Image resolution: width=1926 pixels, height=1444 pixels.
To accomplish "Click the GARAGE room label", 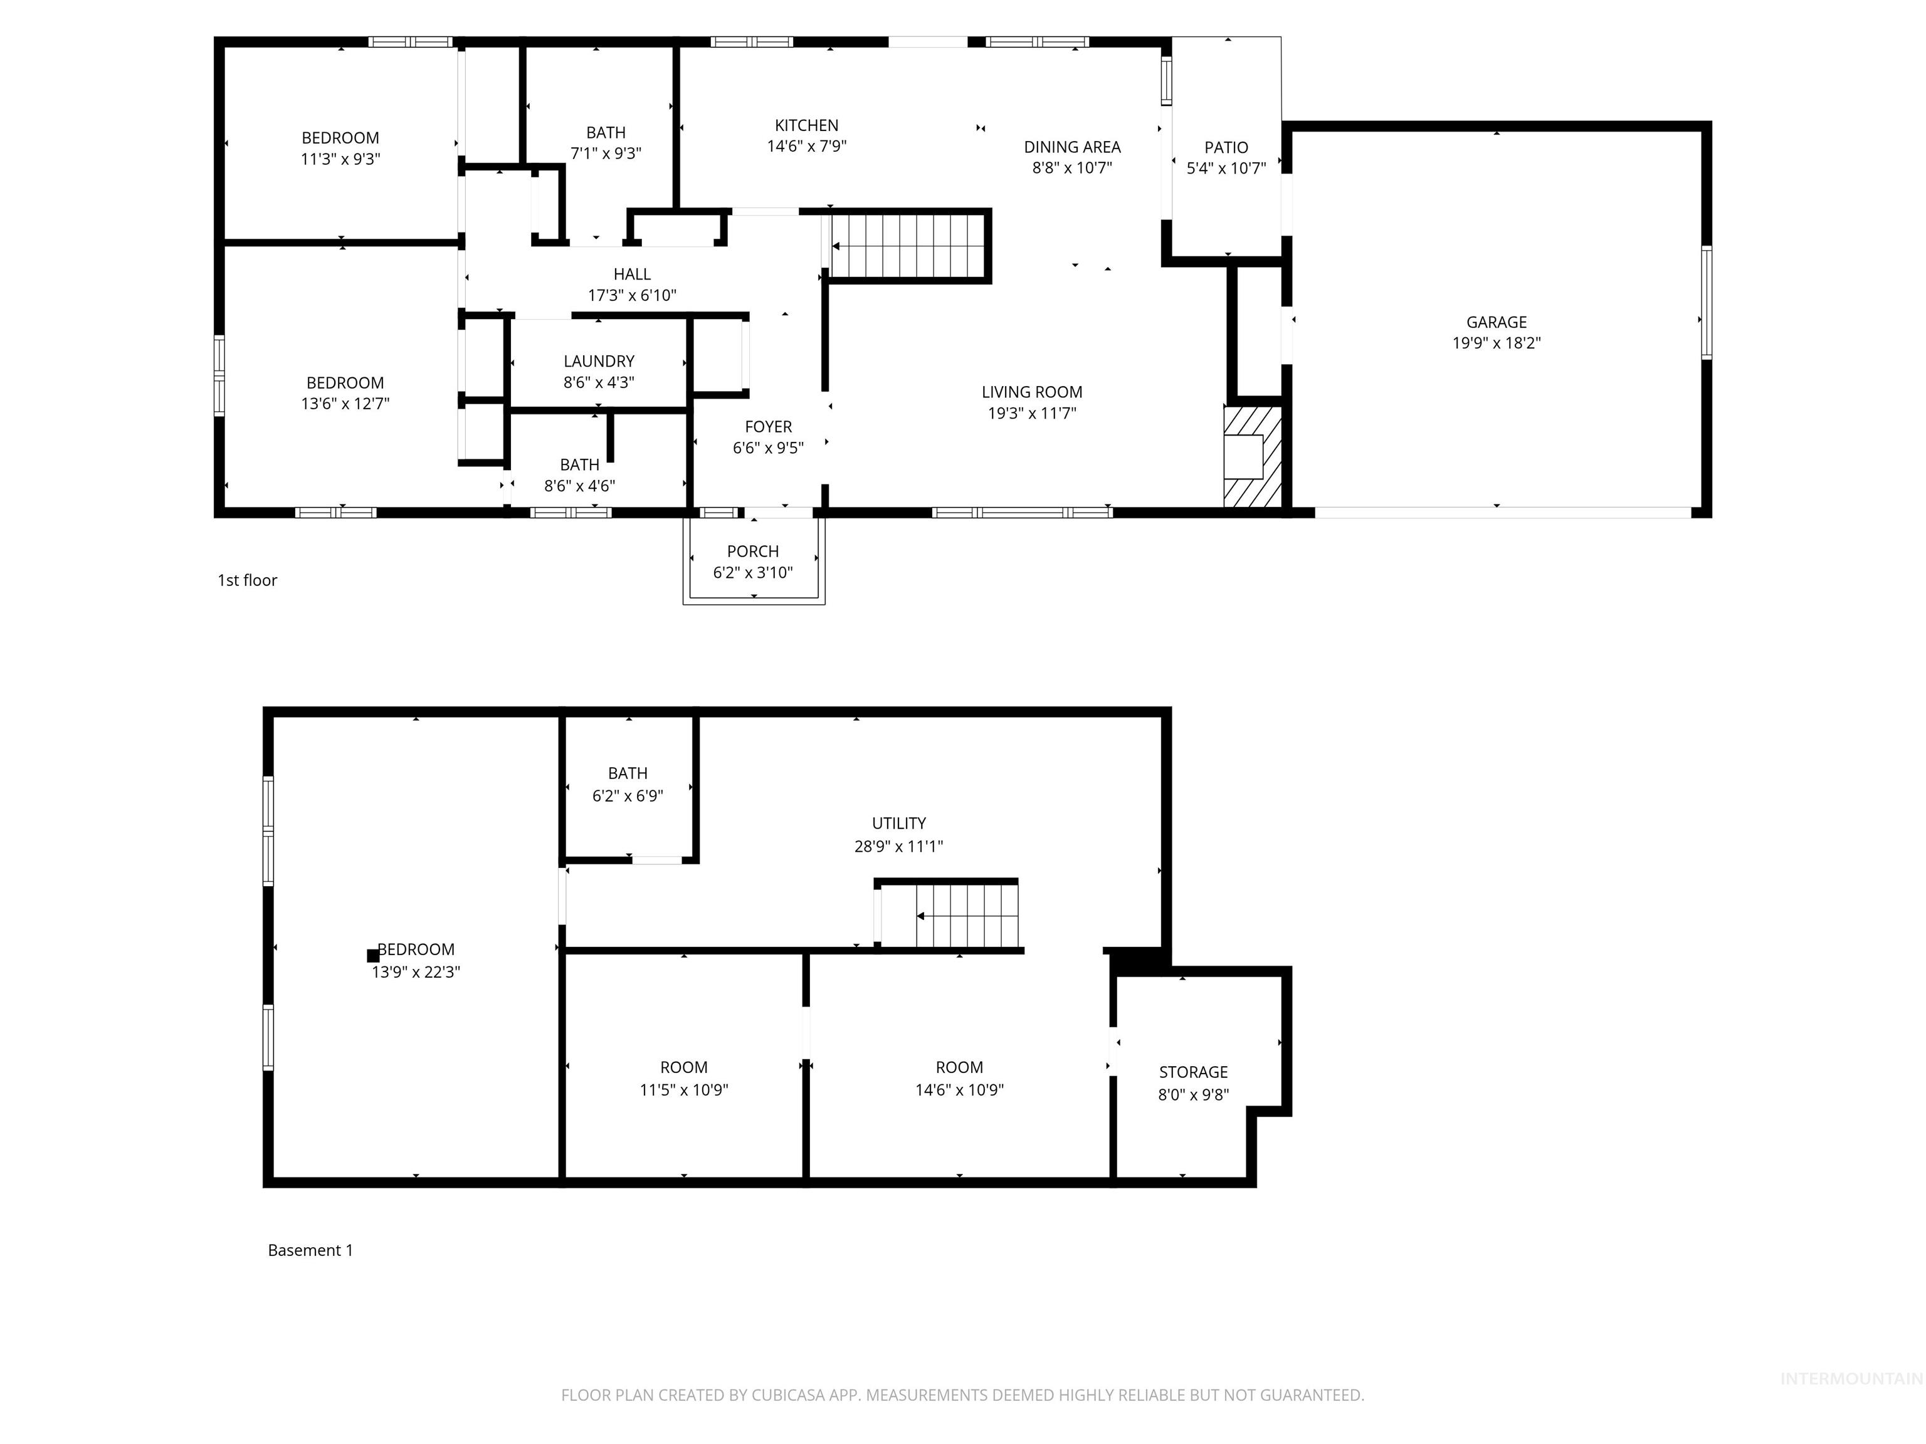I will pos(1496,322).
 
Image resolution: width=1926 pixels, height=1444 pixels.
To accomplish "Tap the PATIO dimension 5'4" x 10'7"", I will pos(1226,168).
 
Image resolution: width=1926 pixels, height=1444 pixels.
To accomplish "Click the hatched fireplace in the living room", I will pos(1252,456).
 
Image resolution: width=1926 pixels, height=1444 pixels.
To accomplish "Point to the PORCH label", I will pos(752,551).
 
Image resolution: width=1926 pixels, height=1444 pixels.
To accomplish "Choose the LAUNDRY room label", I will pos(598,361).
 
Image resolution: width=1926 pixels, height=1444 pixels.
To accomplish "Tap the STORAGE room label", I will pos(1193,1072).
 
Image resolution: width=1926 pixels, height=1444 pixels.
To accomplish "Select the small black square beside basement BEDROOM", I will pos(372,955).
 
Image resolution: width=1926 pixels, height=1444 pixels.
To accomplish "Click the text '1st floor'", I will pos(247,580).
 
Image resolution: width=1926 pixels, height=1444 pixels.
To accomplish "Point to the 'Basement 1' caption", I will pos(310,1250).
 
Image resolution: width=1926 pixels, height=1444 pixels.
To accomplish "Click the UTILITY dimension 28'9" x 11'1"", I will pos(898,846).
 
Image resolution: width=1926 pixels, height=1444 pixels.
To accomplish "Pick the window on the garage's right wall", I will pos(1706,302).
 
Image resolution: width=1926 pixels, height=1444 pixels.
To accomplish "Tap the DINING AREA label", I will pos(1072,147).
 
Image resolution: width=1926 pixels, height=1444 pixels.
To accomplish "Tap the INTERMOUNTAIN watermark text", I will pos(1850,1378).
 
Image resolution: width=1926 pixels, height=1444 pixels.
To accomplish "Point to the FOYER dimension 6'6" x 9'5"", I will pos(768,447).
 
